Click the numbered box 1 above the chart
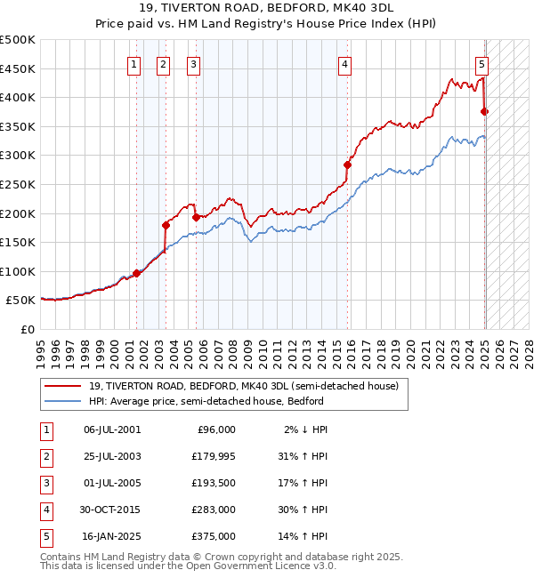tap(133, 63)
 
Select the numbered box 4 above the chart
tap(344, 63)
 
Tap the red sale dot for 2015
tap(348, 165)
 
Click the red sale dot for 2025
tap(485, 111)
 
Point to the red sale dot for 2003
tap(166, 225)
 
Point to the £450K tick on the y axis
tap(18, 68)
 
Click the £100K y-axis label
tap(18, 271)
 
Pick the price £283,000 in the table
tap(214, 510)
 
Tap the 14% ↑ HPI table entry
tap(303, 537)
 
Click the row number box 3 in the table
tap(44, 484)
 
